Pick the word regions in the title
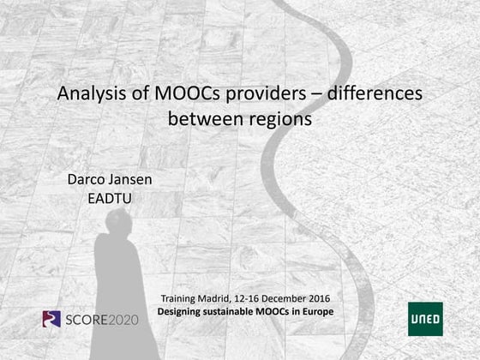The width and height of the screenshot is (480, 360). tap(278, 118)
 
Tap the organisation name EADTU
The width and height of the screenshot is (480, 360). tap(111, 199)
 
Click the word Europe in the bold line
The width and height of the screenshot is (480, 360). tap(317, 310)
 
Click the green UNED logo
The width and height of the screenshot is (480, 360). tap(425, 318)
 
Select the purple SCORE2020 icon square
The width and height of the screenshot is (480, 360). tap(52, 319)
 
